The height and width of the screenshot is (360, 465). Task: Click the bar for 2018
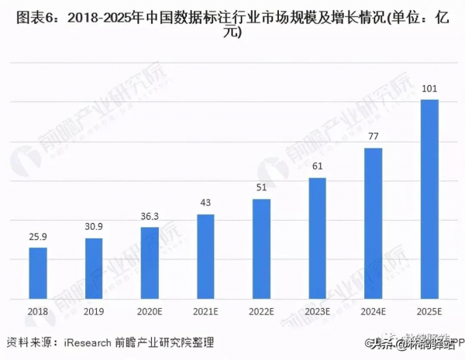[38, 273]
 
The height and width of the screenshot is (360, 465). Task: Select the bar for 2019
[94, 268]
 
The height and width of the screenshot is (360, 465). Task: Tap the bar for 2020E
[150, 262]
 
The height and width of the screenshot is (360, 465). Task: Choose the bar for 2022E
[261, 249]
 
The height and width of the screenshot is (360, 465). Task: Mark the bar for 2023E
[317, 238]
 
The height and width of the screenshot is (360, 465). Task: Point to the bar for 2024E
[373, 223]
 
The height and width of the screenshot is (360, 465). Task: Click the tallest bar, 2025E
[429, 199]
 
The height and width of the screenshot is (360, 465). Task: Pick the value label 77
[373, 138]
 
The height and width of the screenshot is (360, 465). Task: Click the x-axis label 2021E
[205, 312]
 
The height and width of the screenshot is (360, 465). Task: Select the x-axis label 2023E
[317, 312]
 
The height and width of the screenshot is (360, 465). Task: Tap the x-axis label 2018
[38, 312]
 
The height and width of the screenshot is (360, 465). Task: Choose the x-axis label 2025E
[429, 312]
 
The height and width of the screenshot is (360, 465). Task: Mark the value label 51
[261, 188]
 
